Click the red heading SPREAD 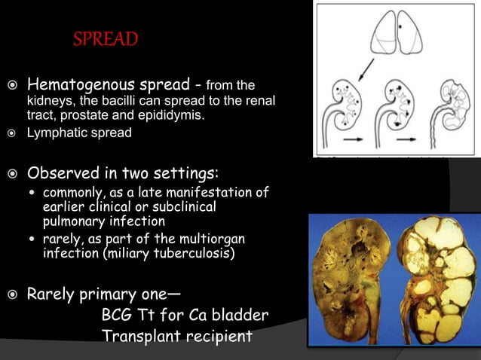coord(105,38)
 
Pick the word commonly coord(72,192)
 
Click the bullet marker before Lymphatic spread coord(14,133)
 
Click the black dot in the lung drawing coord(400,27)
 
